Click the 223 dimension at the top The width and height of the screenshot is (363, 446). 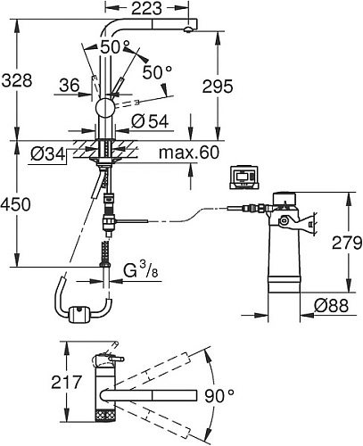click(x=146, y=8)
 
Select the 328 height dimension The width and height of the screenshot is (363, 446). click(x=17, y=80)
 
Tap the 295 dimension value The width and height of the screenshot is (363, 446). click(x=218, y=87)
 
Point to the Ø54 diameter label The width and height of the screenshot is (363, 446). click(x=150, y=121)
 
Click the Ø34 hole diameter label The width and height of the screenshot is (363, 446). click(x=47, y=154)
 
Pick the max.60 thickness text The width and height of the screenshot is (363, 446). click(x=189, y=153)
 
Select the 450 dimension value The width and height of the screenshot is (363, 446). click(x=15, y=204)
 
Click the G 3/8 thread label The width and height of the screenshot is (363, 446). click(x=140, y=271)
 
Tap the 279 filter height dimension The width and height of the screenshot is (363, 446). click(x=347, y=243)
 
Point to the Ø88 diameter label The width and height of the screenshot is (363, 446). click(x=331, y=306)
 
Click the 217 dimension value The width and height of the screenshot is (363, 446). click(x=66, y=382)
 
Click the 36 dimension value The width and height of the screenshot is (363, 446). click(x=70, y=86)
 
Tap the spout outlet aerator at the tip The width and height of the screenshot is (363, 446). click(x=188, y=29)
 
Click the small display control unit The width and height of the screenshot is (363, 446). click(x=244, y=178)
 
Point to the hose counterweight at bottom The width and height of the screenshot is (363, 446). click(x=78, y=315)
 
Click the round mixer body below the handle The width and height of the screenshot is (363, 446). click(x=104, y=108)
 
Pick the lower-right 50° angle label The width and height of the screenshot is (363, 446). click(x=157, y=72)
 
